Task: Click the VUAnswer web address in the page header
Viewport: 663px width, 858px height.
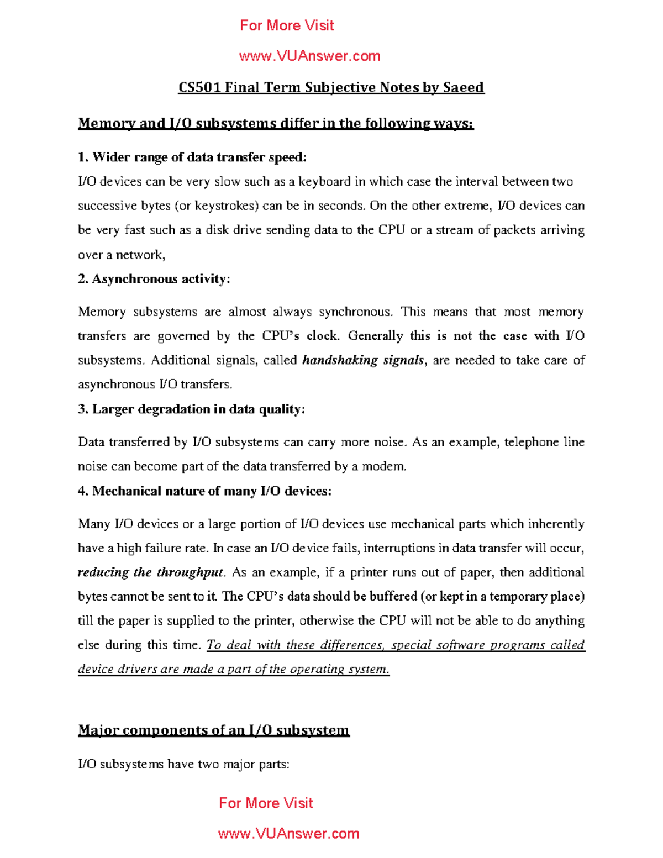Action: click(x=309, y=56)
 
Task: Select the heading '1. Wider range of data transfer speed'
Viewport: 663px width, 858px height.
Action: click(x=192, y=157)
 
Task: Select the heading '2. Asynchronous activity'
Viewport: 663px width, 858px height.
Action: click(x=154, y=279)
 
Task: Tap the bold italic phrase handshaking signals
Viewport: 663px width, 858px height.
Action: click(x=363, y=360)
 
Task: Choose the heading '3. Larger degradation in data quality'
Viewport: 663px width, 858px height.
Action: click(x=191, y=409)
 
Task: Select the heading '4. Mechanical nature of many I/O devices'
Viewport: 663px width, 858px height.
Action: click(x=204, y=491)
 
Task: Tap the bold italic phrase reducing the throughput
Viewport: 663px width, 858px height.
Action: click(x=151, y=572)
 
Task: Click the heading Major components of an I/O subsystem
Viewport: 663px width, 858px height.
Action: click(x=213, y=730)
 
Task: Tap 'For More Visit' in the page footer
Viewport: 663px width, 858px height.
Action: click(x=266, y=803)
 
